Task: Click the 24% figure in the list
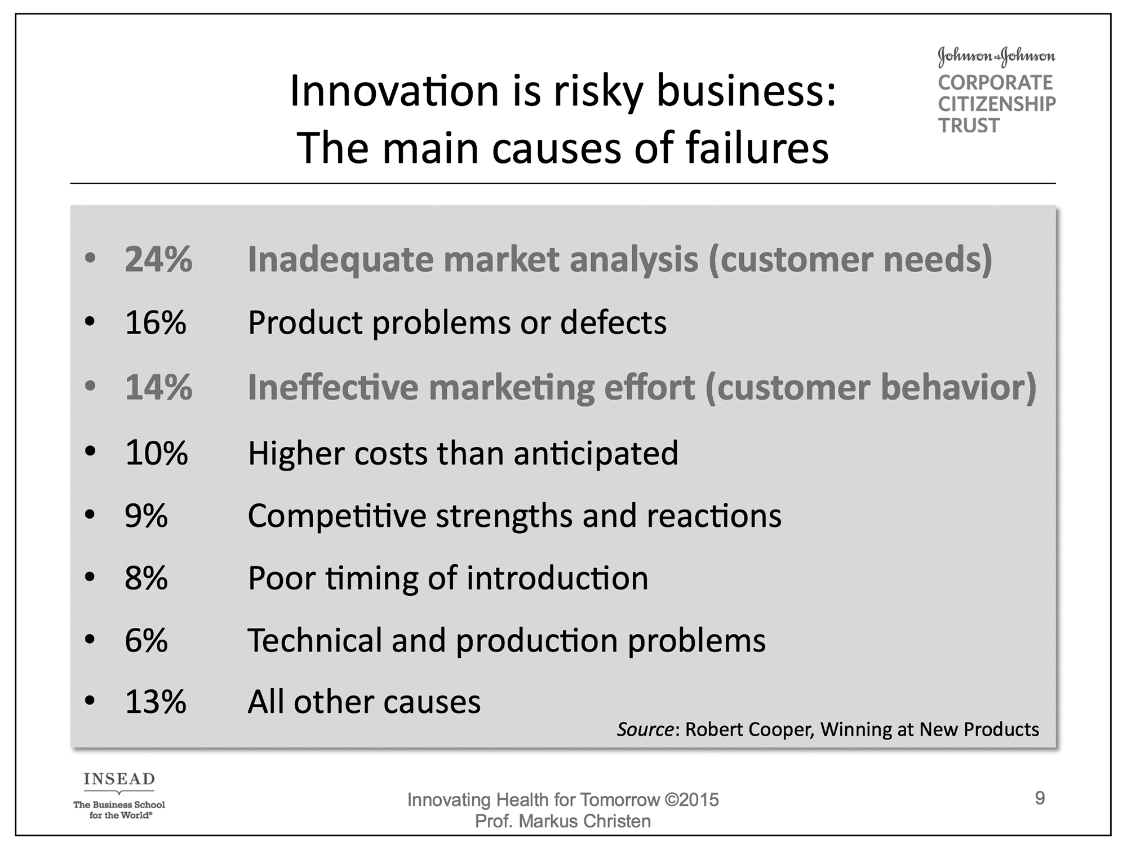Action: point(158,259)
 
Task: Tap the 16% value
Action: point(156,323)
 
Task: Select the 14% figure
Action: point(158,387)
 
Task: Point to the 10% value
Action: point(156,453)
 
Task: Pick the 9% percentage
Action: point(147,515)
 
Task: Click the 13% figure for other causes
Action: point(156,702)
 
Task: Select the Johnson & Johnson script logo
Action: point(996,57)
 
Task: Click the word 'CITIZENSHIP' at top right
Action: point(997,104)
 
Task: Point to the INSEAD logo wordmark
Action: point(119,779)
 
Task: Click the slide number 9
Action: point(1040,798)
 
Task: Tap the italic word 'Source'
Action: point(645,729)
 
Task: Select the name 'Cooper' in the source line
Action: point(777,730)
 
